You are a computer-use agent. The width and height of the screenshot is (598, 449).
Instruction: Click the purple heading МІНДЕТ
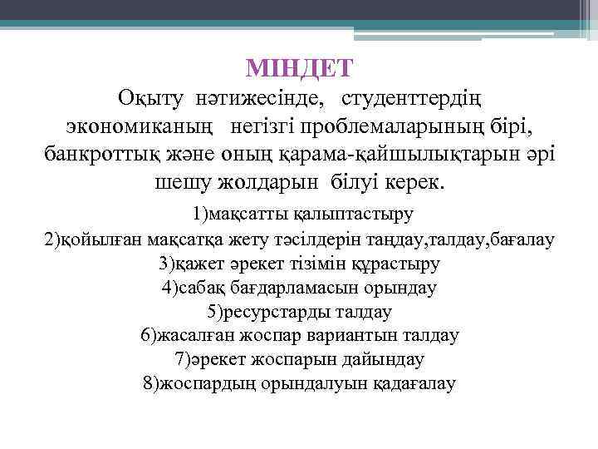pyautogui.click(x=300, y=66)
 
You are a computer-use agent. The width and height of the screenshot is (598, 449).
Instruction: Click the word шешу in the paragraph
pyautogui.click(x=181, y=182)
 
